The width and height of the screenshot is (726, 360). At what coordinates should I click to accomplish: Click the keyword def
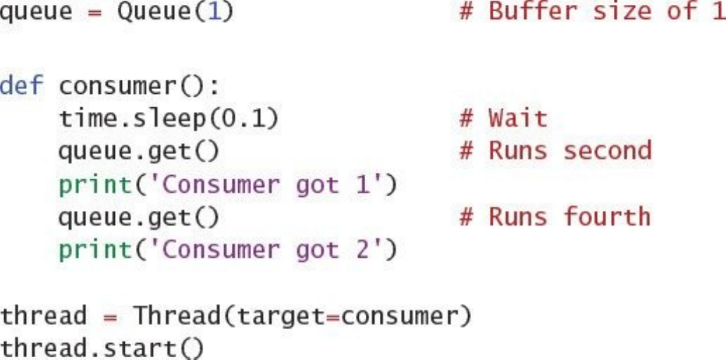21,85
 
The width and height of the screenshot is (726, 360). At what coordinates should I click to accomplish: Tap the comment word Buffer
533,12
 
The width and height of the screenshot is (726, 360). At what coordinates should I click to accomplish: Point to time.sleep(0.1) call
168,118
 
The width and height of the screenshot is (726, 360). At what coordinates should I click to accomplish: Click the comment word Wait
518,118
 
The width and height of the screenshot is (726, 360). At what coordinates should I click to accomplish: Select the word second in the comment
608,151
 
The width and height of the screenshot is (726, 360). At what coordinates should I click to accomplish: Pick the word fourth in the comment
608,216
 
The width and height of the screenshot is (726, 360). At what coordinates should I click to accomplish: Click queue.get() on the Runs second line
139,151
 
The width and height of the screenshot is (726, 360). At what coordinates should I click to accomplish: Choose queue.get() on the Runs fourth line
139,217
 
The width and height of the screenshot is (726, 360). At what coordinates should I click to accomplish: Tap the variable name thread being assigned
43,316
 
